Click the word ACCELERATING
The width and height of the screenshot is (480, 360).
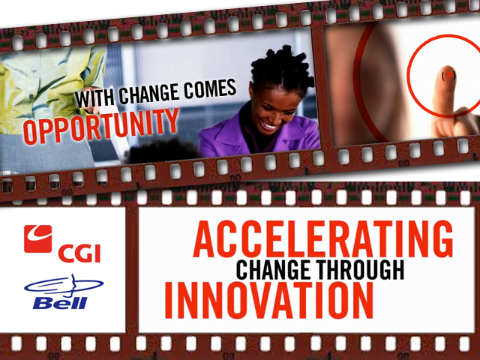pyautogui.click(x=323, y=238)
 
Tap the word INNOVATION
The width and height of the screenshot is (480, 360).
pyautogui.click(x=269, y=300)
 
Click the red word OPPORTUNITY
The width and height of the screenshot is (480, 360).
pyautogui.click(x=101, y=125)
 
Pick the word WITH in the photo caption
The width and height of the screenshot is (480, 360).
pyautogui.click(x=94, y=97)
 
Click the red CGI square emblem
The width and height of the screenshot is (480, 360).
pyautogui.click(x=38, y=238)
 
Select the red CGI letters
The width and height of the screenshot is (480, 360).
pyautogui.click(x=79, y=253)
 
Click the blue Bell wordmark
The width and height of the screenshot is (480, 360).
pyautogui.click(x=60, y=303)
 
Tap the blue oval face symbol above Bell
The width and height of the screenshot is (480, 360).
pyautogui.click(x=64, y=286)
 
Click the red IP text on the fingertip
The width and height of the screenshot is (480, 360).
pyautogui.click(x=448, y=76)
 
